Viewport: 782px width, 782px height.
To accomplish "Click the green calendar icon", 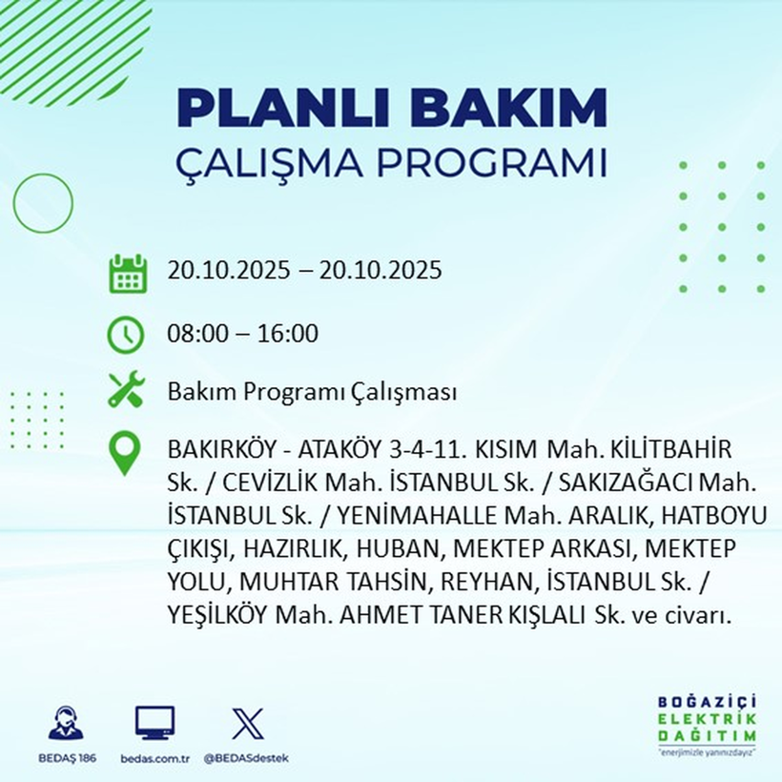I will coord(127,273).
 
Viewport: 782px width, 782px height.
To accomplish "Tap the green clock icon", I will coord(126,335).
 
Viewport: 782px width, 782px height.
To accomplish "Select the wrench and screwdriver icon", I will coord(126,390).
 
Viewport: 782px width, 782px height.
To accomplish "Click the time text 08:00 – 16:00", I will coord(242,334).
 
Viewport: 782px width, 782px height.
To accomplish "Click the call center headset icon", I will coord(66,724).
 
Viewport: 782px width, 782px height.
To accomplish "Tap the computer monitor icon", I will coord(154,724).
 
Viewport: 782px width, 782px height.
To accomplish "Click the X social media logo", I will coord(247,724).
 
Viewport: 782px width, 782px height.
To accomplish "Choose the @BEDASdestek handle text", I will coord(247,758).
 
